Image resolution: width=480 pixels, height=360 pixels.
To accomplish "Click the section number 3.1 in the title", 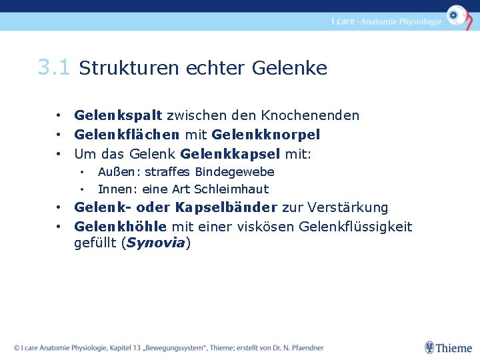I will click(54, 67).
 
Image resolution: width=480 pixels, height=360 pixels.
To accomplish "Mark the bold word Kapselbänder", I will click(227, 207).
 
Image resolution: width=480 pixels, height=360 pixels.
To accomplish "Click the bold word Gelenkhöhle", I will click(121, 227).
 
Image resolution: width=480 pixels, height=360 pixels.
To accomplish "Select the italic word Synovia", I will click(155, 243).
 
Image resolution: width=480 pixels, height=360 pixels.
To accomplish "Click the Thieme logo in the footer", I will click(449, 347).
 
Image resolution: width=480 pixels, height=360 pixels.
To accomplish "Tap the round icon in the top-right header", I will click(457, 15).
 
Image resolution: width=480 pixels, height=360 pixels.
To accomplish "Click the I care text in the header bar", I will click(343, 21).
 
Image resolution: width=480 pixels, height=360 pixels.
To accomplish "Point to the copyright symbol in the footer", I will click(17, 348).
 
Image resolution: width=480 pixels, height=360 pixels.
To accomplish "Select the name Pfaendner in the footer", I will click(305, 348).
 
